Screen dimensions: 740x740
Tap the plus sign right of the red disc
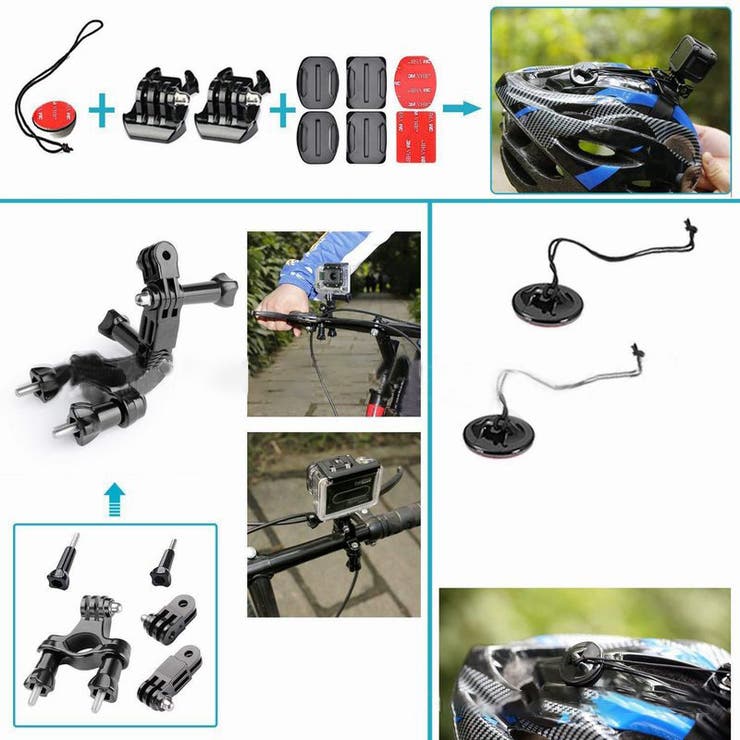(x=100, y=109)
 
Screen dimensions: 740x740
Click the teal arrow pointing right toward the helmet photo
(x=459, y=108)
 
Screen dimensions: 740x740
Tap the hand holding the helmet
(x=714, y=154)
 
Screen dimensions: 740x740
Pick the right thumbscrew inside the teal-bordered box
(x=164, y=565)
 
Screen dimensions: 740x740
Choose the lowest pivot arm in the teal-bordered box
(x=176, y=675)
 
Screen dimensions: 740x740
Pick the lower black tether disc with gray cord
(x=498, y=431)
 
